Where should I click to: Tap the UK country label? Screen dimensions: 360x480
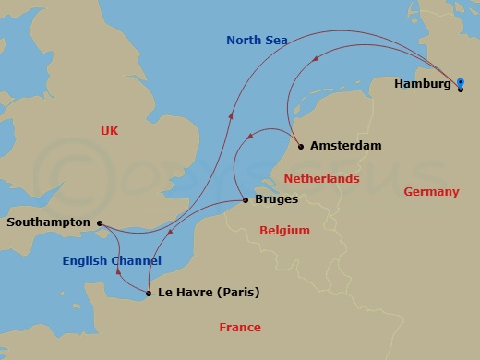[109, 132]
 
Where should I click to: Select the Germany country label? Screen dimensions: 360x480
[431, 192]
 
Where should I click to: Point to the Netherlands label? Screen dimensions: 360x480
[320, 176]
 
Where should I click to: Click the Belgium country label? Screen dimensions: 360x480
[284, 230]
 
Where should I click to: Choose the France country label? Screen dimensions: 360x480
[240, 327]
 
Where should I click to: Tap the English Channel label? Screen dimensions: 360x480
[112, 261]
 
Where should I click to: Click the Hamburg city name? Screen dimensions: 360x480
[423, 84]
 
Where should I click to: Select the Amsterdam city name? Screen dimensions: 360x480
[345, 146]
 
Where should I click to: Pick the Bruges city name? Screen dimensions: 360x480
[274, 200]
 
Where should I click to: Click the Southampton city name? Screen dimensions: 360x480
[48, 222]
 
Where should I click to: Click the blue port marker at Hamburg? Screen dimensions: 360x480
[460, 83]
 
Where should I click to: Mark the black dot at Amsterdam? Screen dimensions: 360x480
[301, 146]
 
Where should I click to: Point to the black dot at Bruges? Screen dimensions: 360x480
[244, 200]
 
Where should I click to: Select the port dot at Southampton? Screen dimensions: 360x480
[99, 222]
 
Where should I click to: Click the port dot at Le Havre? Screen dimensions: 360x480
[148, 294]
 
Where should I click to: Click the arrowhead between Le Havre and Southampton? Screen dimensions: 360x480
[118, 271]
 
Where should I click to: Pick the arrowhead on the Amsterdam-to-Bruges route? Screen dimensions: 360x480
[248, 139]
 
